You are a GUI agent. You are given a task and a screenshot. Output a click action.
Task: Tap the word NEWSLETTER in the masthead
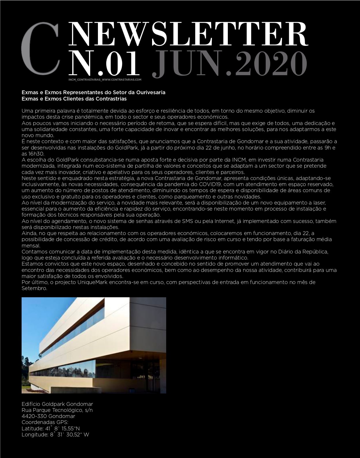coord(188,34)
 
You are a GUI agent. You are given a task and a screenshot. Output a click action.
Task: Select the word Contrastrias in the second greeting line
coord(111,99)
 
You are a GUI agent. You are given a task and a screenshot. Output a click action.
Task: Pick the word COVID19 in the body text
coord(210,184)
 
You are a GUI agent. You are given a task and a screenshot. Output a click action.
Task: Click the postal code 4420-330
coord(34,416)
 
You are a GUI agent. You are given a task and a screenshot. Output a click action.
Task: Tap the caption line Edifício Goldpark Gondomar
coord(57,404)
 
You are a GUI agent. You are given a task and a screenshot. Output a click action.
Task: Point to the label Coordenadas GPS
coord(45,422)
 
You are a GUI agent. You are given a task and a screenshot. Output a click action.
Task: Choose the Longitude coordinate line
coord(55,435)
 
